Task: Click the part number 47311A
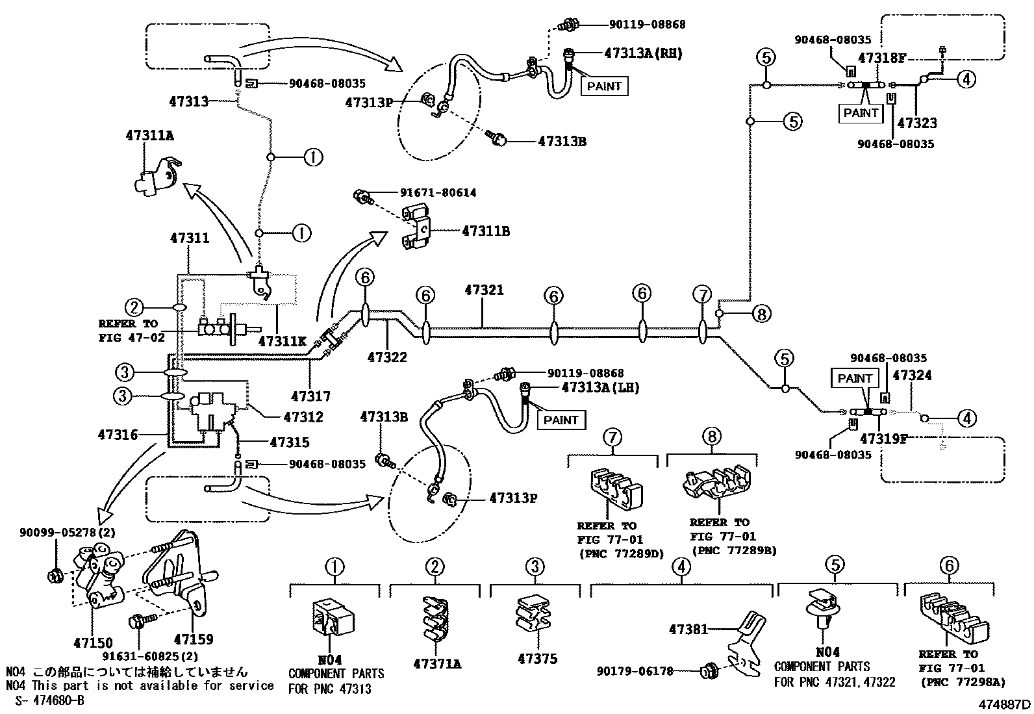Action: pyautogui.click(x=149, y=136)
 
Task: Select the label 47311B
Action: pyautogui.click(x=486, y=231)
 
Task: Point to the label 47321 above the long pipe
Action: pyautogui.click(x=484, y=290)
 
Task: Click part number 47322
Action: pyautogui.click(x=387, y=357)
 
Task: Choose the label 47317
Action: pyautogui.click(x=311, y=396)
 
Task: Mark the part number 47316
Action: pyautogui.click(x=118, y=435)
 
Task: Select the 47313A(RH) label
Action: pyautogui.click(x=634, y=53)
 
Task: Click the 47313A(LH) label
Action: pyautogui.click(x=601, y=388)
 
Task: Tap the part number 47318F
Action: pyautogui.click(x=881, y=58)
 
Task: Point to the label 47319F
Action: pyautogui.click(x=883, y=439)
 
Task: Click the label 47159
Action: pyautogui.click(x=193, y=640)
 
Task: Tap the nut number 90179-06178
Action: pyautogui.click(x=635, y=671)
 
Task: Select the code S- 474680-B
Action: pyautogui.click(x=45, y=700)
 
